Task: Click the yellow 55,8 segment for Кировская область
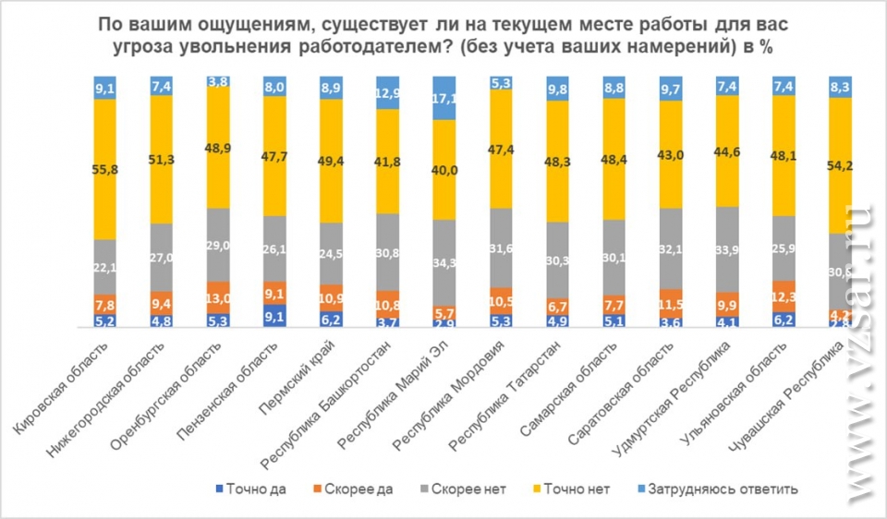(x=105, y=169)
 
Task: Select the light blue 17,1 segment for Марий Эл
(x=444, y=98)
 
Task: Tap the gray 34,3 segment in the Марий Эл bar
(x=444, y=262)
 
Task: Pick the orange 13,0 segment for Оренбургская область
(x=218, y=298)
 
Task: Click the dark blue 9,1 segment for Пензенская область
(x=274, y=316)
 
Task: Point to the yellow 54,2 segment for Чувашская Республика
(x=840, y=165)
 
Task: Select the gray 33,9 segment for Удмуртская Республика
(x=727, y=248)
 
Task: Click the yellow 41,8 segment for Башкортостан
(x=388, y=161)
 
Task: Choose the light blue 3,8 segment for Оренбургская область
(x=218, y=81)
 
